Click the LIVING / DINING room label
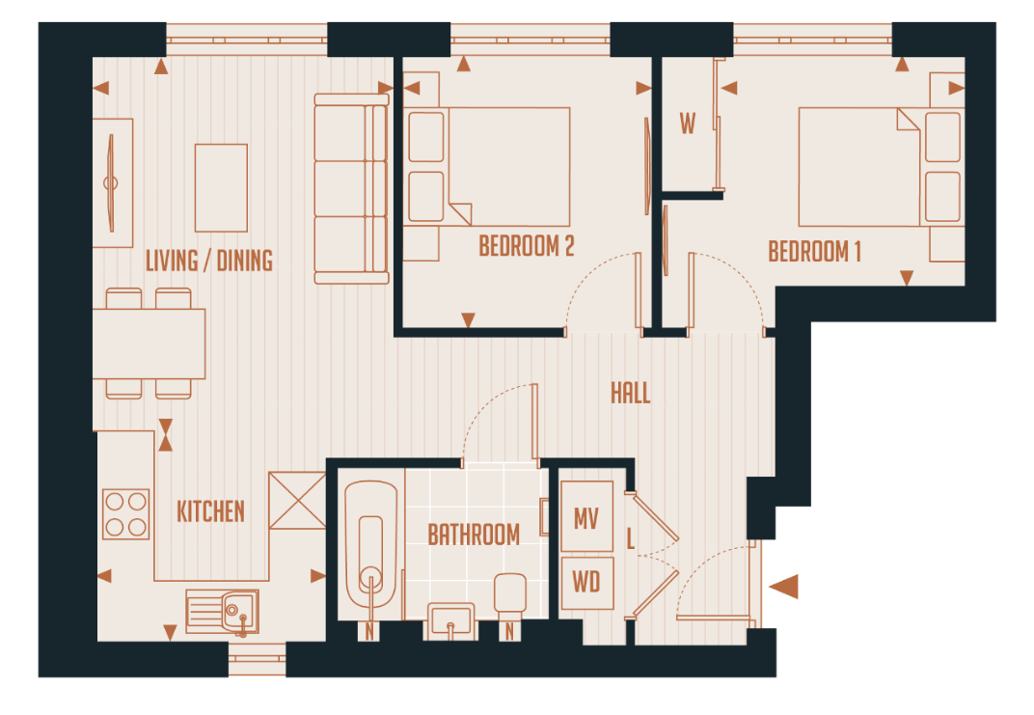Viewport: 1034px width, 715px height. tap(208, 261)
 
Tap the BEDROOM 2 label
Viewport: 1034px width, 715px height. tap(527, 247)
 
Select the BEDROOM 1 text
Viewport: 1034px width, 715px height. tap(814, 253)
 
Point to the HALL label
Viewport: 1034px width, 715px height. tap(630, 393)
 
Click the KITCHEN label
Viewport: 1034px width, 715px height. tap(210, 511)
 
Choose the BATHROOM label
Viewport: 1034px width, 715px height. tap(474, 535)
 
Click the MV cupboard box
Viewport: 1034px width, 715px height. tap(586, 518)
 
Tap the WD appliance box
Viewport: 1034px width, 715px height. tap(586, 583)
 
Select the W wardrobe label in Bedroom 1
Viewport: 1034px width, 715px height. tap(688, 124)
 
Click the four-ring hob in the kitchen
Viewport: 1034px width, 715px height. tap(126, 514)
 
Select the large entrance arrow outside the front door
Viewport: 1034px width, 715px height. tap(783, 586)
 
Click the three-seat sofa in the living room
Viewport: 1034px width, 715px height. tap(351, 188)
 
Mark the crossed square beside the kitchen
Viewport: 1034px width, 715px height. tap(297, 500)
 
